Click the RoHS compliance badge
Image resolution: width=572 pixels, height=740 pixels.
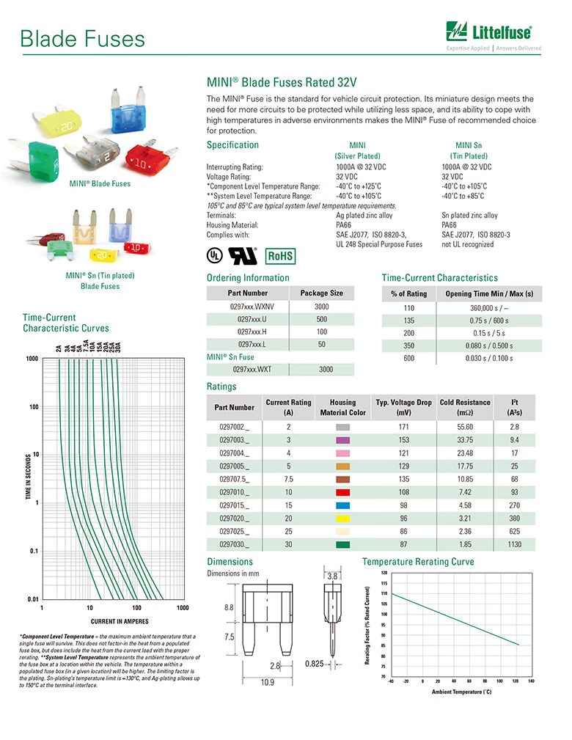[280, 256]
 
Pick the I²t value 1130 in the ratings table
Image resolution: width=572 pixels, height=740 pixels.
[514, 544]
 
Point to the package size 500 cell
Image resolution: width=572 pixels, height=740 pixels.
[321, 319]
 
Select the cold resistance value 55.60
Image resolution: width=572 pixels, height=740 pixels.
[465, 427]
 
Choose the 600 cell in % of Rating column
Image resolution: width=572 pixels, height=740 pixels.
[408, 358]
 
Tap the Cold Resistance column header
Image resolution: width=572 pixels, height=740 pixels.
[465, 406]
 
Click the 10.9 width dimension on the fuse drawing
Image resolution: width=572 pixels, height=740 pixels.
[268, 682]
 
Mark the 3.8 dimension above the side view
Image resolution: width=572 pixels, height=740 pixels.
[331, 576]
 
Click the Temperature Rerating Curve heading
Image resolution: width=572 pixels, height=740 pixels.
[418, 562]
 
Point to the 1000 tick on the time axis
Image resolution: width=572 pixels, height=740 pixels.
[32, 359]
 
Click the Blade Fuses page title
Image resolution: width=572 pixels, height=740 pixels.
[82, 38]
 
